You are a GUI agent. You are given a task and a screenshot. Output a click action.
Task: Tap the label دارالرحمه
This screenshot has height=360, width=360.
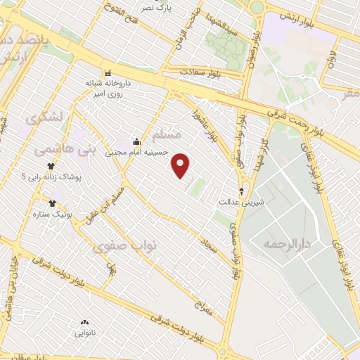[x=287, y=243]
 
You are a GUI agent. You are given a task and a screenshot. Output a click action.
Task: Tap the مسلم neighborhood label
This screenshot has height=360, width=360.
[x=167, y=134]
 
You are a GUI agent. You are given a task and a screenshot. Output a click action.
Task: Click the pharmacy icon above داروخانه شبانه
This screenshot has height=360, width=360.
[x=107, y=73]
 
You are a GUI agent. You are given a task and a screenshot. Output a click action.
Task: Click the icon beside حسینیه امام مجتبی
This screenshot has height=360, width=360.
[x=136, y=141]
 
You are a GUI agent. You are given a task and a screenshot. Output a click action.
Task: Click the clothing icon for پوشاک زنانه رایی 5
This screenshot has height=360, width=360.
[x=51, y=166]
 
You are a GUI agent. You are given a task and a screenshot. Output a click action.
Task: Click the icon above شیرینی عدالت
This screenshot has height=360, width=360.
[x=242, y=191]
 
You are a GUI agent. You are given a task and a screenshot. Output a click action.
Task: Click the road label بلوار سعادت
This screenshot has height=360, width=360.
[x=200, y=72]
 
